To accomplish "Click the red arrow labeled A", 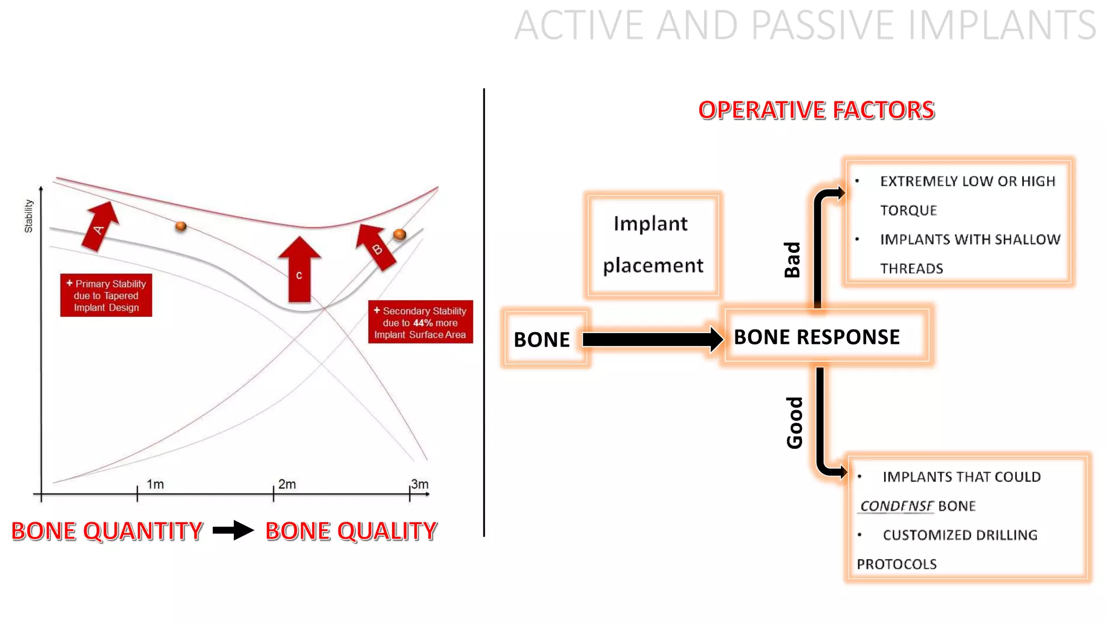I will [100, 227].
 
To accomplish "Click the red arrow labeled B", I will [376, 247].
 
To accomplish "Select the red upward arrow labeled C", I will [300, 270].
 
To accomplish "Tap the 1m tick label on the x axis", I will [156, 484].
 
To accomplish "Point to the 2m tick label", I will [287, 484].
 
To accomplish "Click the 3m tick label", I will [420, 484].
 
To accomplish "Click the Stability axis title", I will [29, 216].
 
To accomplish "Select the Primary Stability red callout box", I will [106, 295].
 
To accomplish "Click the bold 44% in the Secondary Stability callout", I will [423, 323].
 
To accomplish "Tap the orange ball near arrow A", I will [181, 226].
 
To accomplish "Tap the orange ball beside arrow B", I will [400, 234].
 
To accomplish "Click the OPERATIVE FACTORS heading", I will [816, 110].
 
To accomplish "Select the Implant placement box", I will [653, 245].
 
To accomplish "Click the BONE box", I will [543, 339].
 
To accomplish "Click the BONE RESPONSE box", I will [817, 337].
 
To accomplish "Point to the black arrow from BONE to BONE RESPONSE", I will [651, 340].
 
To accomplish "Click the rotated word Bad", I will [792, 260].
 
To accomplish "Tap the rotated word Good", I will [794, 423].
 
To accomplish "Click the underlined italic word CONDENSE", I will [896, 506].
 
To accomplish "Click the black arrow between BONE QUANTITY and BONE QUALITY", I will [233, 530].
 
